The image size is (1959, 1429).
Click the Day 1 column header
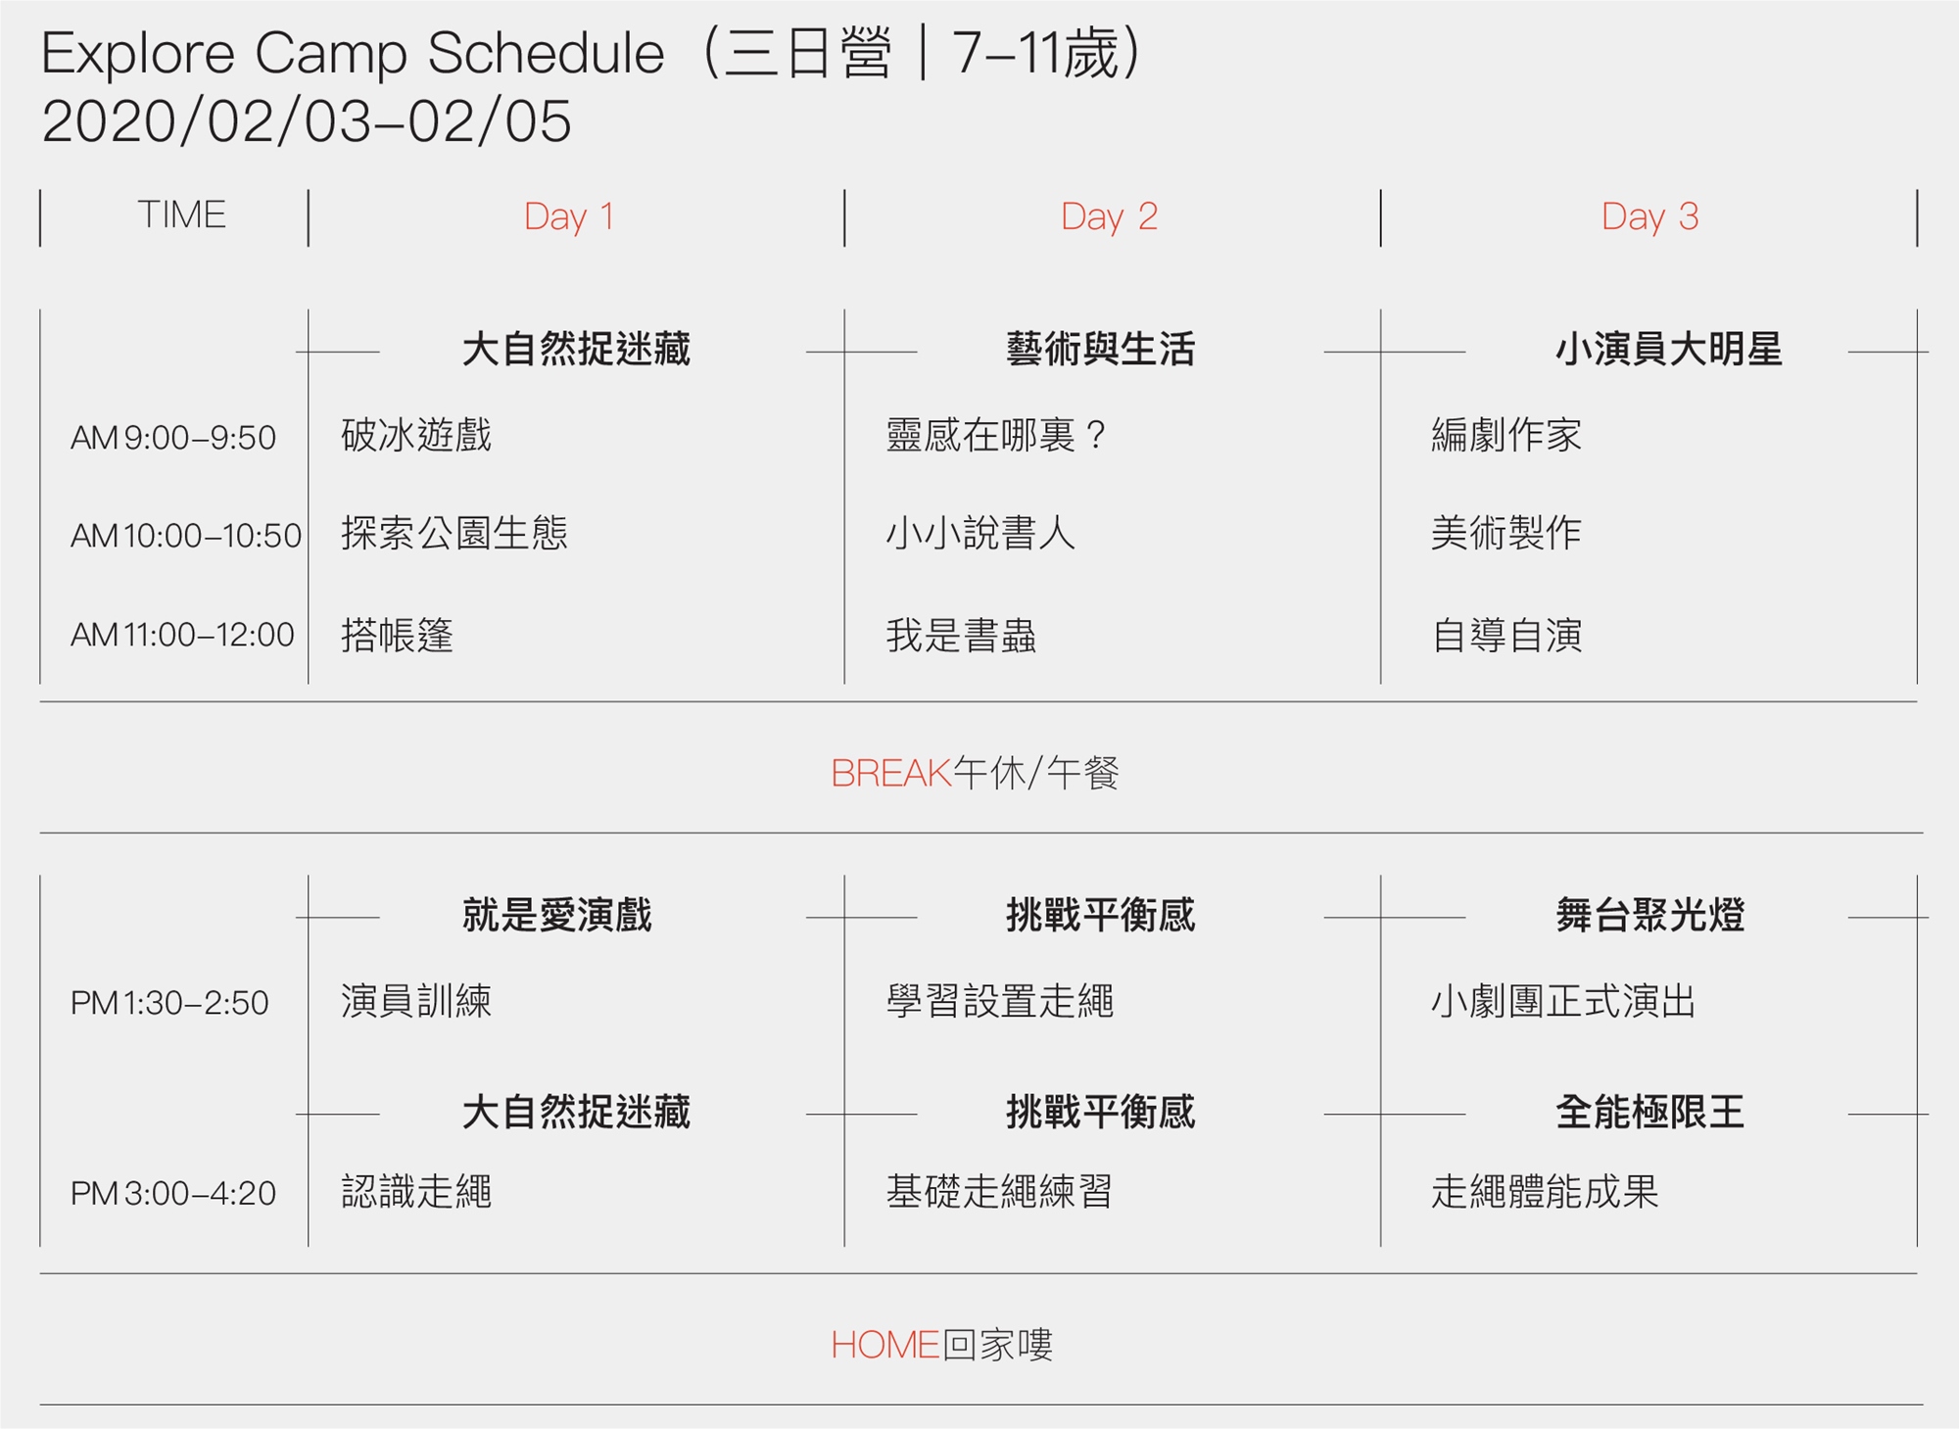click(x=569, y=216)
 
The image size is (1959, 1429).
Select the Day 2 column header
click(x=1109, y=216)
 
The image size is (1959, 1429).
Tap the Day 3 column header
click(x=1649, y=216)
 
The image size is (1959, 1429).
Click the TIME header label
click(x=181, y=214)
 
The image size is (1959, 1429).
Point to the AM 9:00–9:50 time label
click(x=173, y=438)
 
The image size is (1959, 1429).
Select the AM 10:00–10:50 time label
click(x=186, y=536)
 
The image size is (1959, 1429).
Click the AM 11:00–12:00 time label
click(x=182, y=635)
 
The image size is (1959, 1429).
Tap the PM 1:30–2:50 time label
click(x=169, y=1003)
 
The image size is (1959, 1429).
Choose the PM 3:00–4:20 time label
click(x=173, y=1193)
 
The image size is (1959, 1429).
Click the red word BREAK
click(x=890, y=774)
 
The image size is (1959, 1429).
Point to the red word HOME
click(x=884, y=1345)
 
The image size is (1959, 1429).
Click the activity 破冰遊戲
click(x=416, y=435)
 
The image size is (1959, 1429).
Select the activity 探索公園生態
click(x=454, y=534)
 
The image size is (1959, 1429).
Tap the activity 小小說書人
click(x=980, y=534)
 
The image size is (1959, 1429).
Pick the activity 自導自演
click(x=1506, y=636)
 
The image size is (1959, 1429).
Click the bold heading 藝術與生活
click(x=1100, y=350)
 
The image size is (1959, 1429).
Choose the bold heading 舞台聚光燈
click(x=1649, y=915)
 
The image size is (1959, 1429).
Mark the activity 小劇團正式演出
click(x=1563, y=1002)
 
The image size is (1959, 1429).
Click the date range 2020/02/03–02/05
click(x=307, y=122)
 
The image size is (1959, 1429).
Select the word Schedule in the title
click(x=546, y=53)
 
